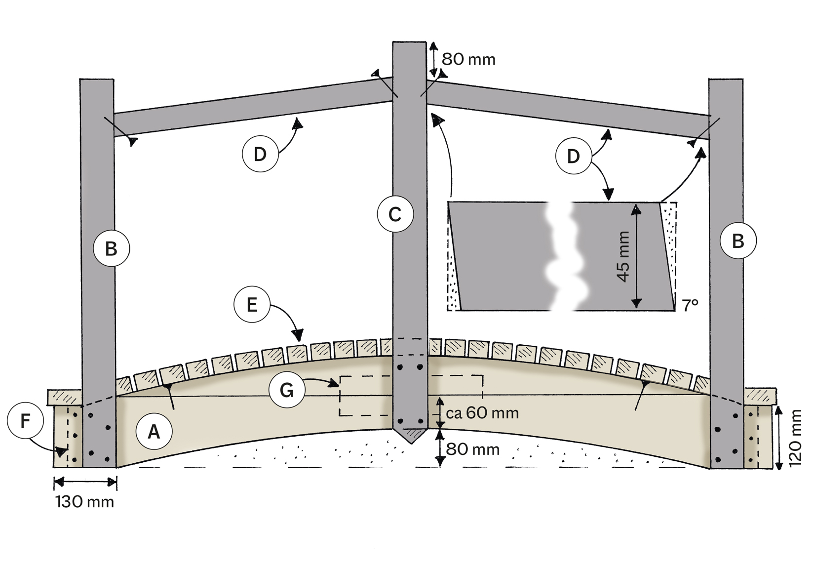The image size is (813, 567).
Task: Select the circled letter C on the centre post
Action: tap(395, 214)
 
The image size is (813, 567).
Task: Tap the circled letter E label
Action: tap(252, 304)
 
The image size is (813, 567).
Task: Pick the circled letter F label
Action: tap(25, 421)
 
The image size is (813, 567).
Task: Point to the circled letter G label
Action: tap(287, 390)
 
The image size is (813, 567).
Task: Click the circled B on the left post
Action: tap(112, 248)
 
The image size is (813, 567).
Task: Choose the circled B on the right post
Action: tap(738, 241)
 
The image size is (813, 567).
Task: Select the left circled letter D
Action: tap(260, 154)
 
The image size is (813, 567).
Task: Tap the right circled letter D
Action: tap(573, 156)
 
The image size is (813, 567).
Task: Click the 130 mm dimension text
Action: tap(85, 502)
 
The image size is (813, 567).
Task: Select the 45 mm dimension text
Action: tap(624, 256)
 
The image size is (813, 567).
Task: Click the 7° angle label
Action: tap(691, 305)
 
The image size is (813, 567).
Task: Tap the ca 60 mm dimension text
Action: tap(482, 412)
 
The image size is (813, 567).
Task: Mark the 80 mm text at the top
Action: tap(468, 59)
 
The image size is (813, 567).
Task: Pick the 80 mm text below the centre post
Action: tap(472, 449)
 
